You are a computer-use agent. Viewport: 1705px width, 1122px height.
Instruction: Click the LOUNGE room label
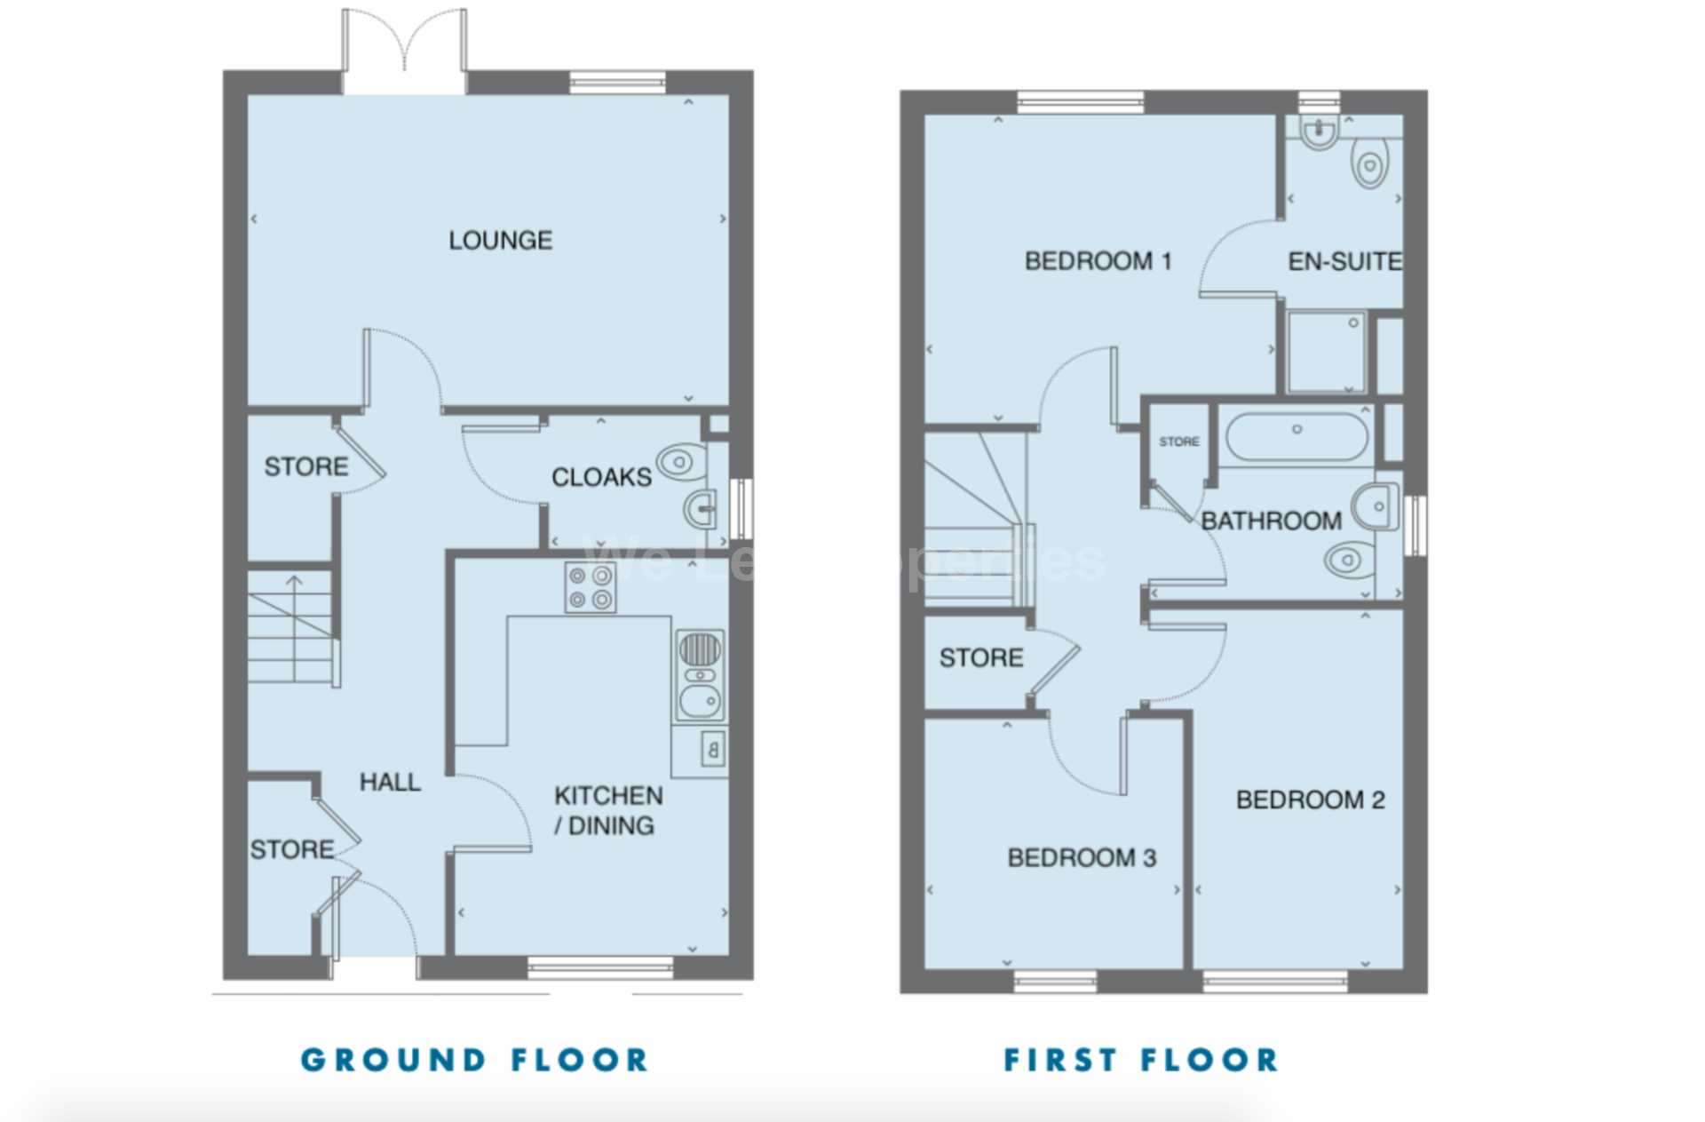(x=500, y=240)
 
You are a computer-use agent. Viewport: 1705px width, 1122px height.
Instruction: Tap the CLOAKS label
(x=601, y=477)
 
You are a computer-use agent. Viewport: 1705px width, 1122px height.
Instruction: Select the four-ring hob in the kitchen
(x=591, y=587)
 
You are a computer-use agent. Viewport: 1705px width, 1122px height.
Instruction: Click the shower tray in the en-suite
(x=1326, y=351)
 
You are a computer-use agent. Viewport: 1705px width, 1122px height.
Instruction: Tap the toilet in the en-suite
(x=1368, y=165)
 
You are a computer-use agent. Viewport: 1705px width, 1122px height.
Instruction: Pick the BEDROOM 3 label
(x=1082, y=857)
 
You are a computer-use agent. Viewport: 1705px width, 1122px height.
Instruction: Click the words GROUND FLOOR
(x=475, y=1060)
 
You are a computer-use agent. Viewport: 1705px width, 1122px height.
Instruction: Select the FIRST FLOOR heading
(x=1141, y=1060)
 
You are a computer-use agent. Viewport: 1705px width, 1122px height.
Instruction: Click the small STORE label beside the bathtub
(x=1178, y=442)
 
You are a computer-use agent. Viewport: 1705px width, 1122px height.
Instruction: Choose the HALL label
(x=390, y=782)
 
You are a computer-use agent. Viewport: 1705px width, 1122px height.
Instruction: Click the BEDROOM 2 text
(x=1310, y=800)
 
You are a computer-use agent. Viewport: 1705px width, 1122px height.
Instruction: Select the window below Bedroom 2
(x=1275, y=981)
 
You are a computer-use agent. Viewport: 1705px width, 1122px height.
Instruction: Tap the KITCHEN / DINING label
(x=607, y=810)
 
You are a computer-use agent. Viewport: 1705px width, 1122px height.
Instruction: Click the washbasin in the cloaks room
(x=700, y=509)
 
